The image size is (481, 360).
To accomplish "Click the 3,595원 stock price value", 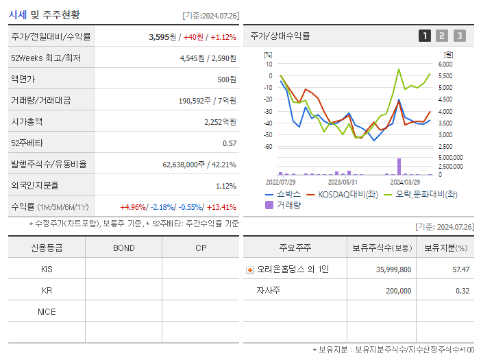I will tap(162, 37).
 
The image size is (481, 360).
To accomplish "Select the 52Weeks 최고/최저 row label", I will tap(47, 58).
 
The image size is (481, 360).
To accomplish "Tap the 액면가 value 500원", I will tap(227, 80).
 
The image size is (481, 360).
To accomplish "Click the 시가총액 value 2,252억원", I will tap(220, 122).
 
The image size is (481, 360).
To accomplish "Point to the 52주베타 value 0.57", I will tap(230, 143).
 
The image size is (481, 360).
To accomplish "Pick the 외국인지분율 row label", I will tap(34, 186).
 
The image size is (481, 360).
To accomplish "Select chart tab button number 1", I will tap(425, 36).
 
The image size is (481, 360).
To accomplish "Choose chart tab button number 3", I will tap(459, 36).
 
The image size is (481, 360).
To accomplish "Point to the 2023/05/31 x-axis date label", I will tap(343, 182).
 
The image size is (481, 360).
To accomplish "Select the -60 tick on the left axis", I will tap(268, 146).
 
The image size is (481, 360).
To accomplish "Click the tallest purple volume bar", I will tap(399, 167).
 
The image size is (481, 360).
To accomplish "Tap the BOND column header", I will tap(123, 248).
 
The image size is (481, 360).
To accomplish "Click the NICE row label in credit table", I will tap(47, 311).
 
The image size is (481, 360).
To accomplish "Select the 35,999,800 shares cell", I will tap(393, 269).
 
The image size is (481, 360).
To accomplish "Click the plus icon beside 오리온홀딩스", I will tap(250, 269).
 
